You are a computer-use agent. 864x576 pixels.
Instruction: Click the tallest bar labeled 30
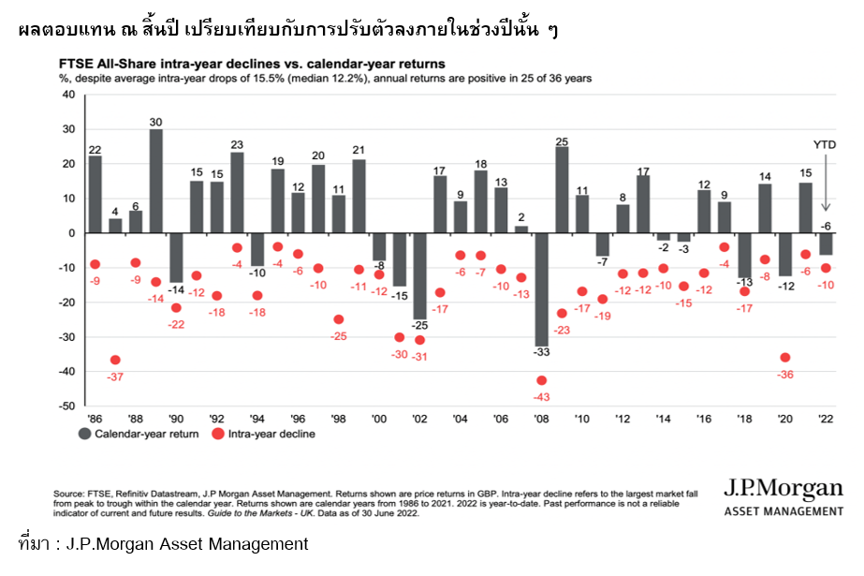point(155,180)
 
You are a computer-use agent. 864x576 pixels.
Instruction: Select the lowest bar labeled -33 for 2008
point(541,289)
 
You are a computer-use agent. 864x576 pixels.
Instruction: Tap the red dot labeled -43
point(541,380)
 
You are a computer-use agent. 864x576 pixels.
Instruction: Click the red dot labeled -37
point(115,360)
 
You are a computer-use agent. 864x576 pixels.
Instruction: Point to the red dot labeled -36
point(784,357)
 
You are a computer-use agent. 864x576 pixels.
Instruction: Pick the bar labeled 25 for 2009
point(562,189)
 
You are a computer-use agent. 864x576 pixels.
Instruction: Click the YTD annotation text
point(824,145)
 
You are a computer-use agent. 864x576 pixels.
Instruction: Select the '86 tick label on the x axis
point(95,419)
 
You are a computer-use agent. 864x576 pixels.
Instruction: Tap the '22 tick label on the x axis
point(825,419)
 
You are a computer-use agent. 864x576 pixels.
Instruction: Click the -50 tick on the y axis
point(68,406)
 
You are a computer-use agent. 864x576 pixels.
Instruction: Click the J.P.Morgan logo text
point(783,490)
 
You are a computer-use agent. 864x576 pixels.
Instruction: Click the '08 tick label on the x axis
point(541,419)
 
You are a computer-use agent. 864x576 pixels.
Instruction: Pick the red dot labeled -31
point(419,340)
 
